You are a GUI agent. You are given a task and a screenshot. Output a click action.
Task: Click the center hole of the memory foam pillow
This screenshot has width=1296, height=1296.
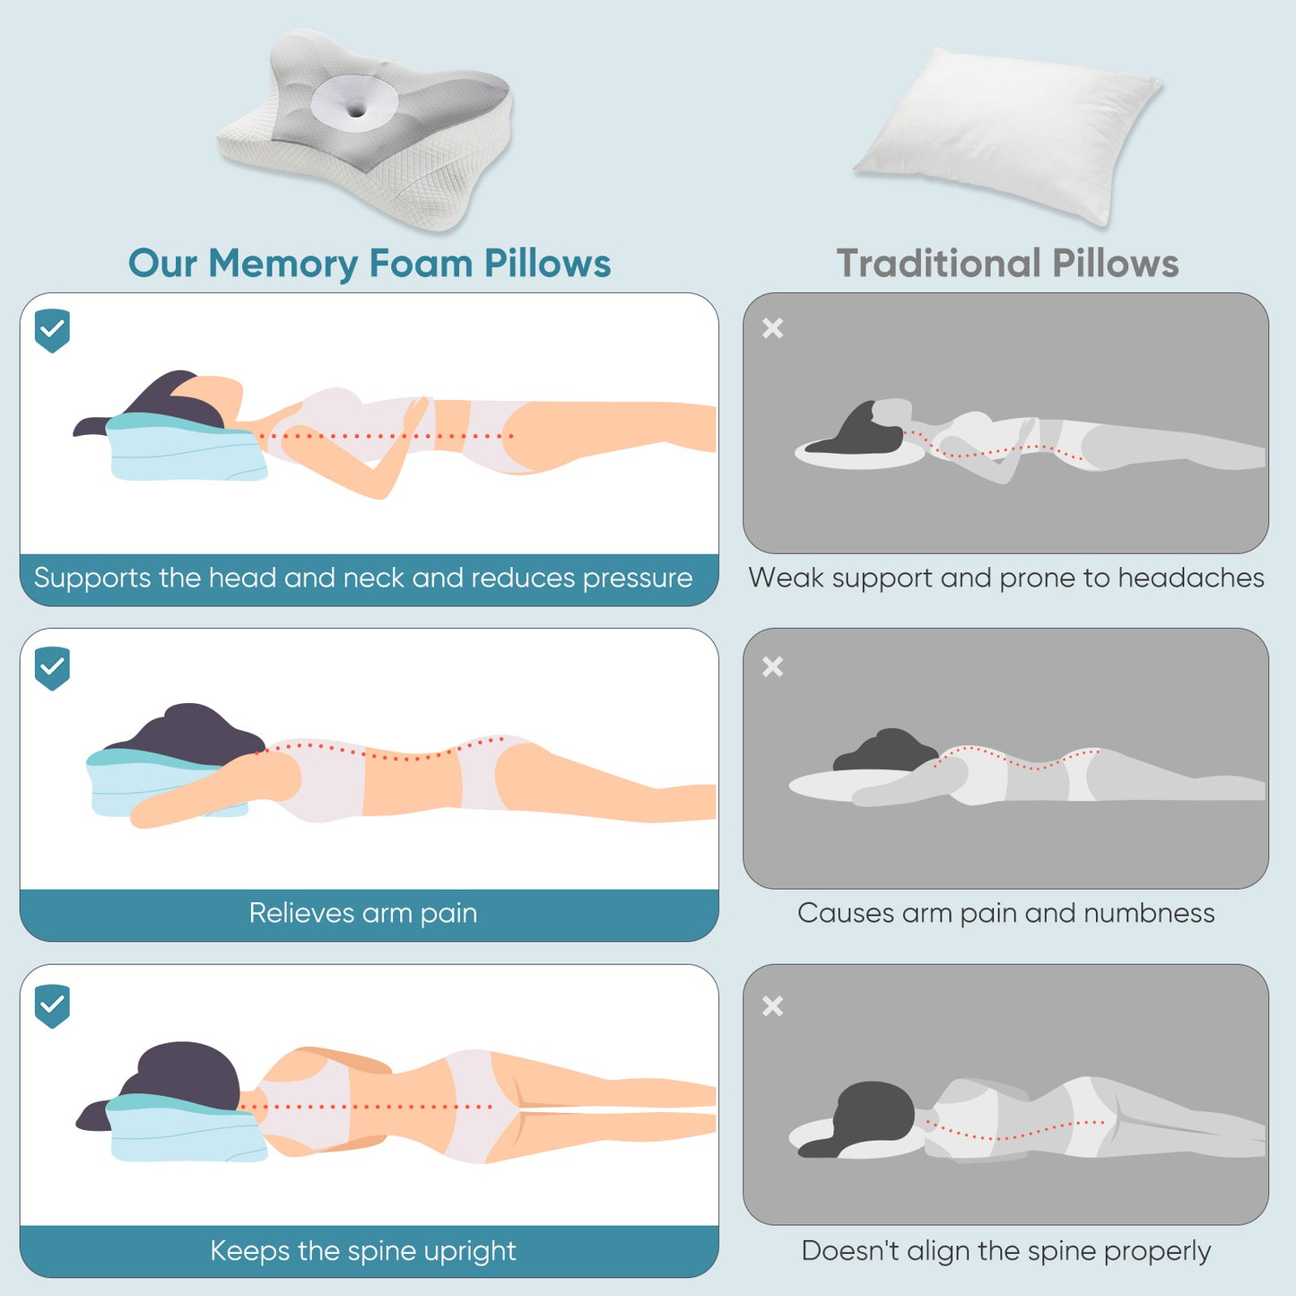pos(356,110)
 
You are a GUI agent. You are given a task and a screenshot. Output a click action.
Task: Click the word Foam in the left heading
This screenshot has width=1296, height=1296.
pos(421,264)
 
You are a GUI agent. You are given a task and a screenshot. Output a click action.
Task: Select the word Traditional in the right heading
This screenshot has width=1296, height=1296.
pos(938,264)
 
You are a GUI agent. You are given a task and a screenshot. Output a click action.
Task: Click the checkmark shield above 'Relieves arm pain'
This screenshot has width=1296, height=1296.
pos(52,667)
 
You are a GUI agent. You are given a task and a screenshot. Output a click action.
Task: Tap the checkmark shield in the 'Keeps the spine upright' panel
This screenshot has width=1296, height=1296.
pos(52,1005)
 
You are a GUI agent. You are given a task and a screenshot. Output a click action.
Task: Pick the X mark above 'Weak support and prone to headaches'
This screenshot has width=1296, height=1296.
pos(772,328)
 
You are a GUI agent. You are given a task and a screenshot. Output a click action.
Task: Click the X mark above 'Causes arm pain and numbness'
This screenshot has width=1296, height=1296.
pos(772,666)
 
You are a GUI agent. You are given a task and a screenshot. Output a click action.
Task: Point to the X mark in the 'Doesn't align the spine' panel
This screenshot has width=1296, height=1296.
pos(772,1005)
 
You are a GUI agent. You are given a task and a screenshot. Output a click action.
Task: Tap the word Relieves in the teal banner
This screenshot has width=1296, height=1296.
pos(301,913)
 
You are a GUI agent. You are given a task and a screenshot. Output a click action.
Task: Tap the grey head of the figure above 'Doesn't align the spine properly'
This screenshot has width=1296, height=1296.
pos(874,1112)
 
